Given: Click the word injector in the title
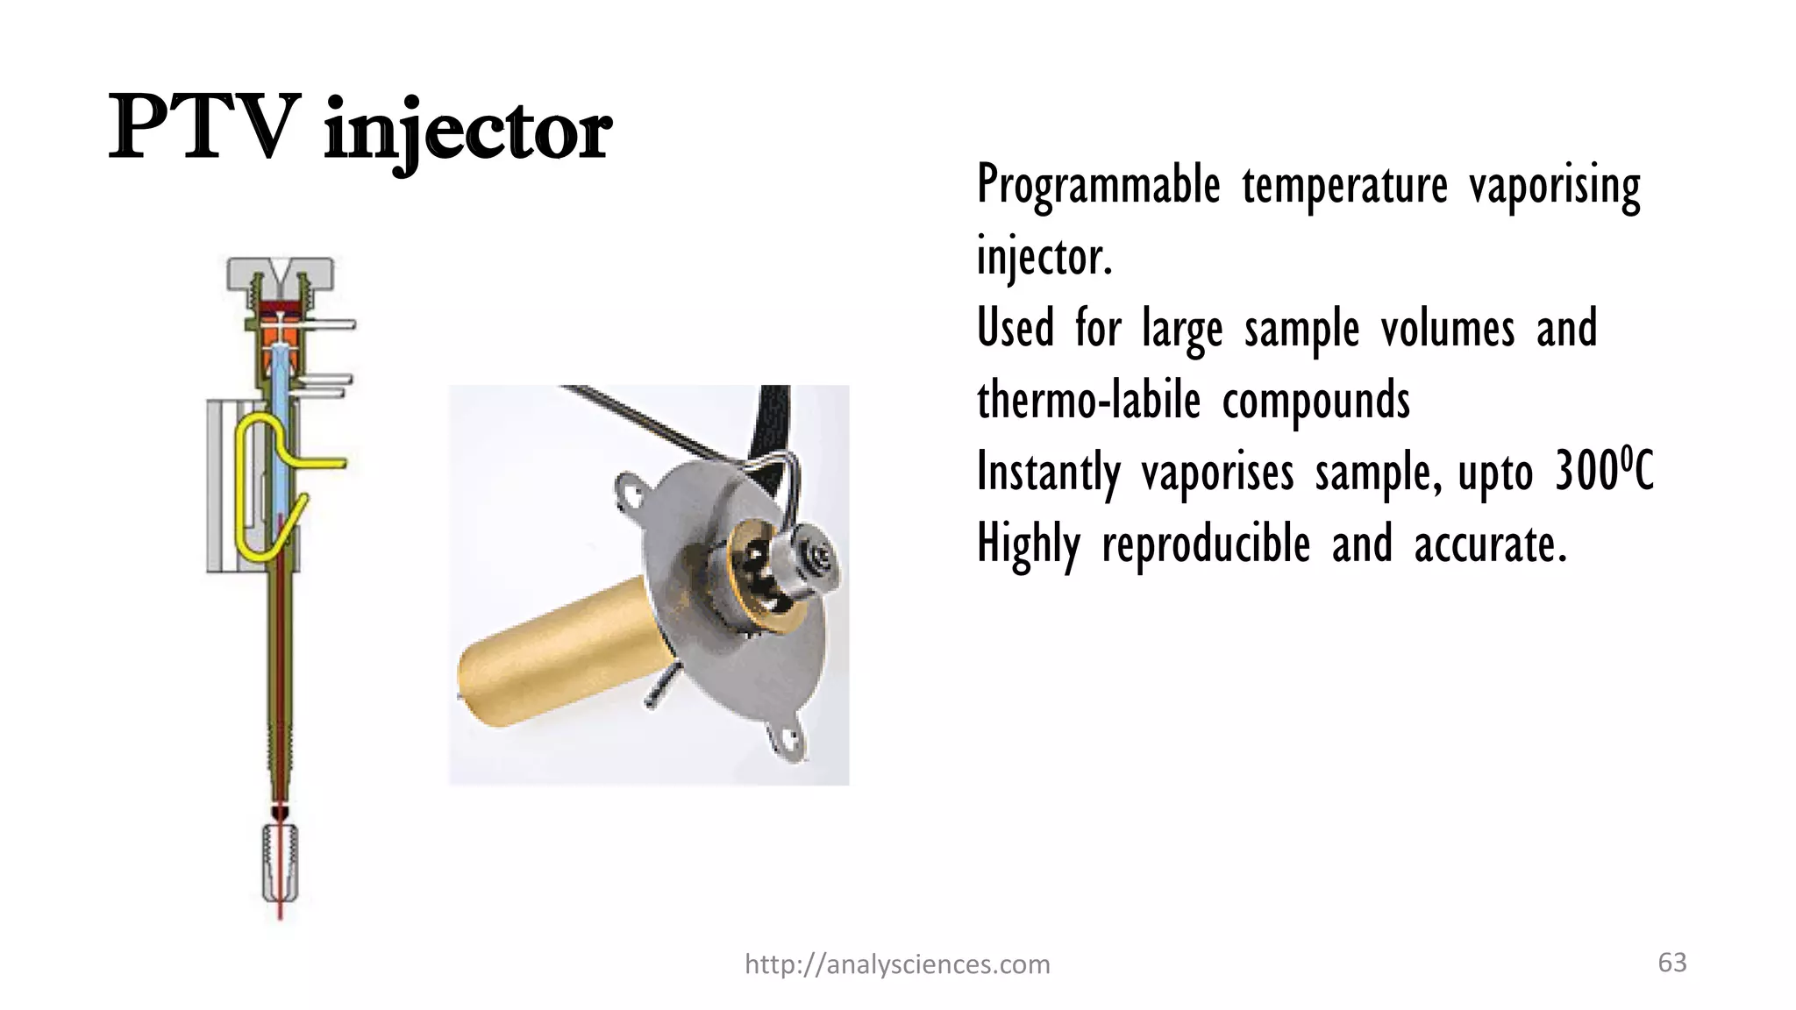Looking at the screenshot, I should click(467, 133).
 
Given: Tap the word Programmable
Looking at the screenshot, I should click(1098, 186).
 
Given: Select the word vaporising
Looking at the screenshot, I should click(1554, 186).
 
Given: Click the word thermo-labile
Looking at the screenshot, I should click(1087, 401).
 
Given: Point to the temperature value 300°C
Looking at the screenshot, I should click(1604, 471).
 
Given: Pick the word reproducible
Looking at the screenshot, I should click(1206, 544).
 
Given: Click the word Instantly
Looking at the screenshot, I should click(1048, 473).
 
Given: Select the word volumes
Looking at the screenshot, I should click(1447, 330).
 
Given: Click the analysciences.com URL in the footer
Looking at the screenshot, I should click(896, 964).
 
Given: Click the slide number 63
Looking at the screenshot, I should click(1671, 963).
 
